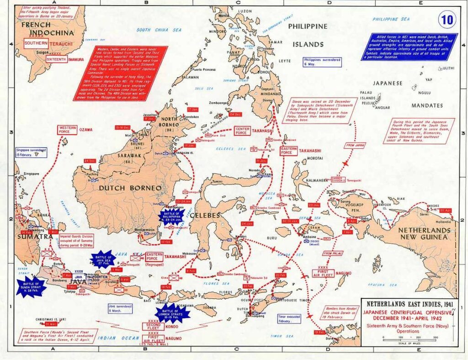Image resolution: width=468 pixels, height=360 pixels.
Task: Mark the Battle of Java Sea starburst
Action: (x=103, y=259)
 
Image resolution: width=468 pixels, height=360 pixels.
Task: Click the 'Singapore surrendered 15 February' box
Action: (x=31, y=152)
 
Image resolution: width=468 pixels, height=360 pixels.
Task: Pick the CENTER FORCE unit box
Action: (x=242, y=131)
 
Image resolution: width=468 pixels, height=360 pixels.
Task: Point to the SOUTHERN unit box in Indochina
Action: (x=36, y=43)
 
